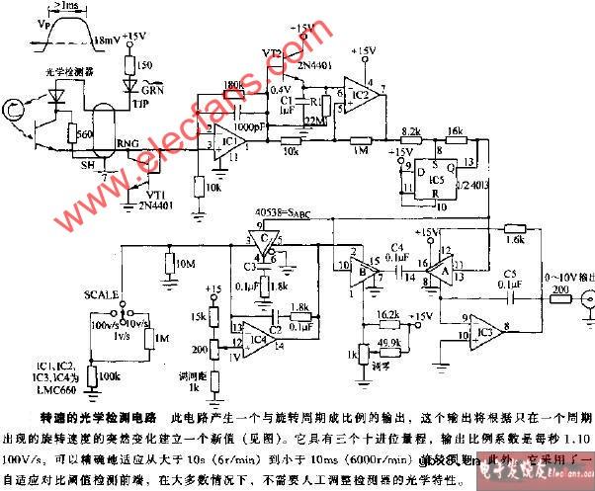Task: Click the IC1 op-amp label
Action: (229, 142)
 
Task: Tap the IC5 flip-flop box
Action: (431, 177)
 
